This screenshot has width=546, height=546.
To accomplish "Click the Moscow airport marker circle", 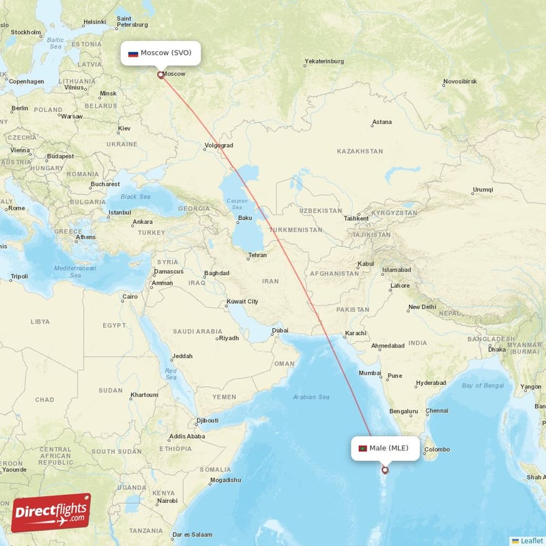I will [x=161, y=75].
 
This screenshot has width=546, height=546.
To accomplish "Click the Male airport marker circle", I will [x=385, y=470].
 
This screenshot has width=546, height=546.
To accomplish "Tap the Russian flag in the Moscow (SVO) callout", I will [x=133, y=53].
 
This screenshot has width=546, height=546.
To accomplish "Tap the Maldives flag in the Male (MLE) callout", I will [x=362, y=448].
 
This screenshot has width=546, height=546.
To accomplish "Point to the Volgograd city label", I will [x=218, y=145].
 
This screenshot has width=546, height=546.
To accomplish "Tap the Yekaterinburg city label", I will [x=324, y=61].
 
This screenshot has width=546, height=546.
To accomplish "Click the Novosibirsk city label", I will [x=463, y=81].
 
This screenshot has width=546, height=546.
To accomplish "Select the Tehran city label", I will [x=257, y=255].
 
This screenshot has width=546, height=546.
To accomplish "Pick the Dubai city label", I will [x=280, y=331].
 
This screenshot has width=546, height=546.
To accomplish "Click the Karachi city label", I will [x=356, y=333].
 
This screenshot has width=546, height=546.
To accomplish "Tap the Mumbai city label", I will [x=369, y=373].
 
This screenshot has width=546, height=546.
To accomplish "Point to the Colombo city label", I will [x=437, y=449].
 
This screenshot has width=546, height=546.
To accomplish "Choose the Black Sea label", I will [x=135, y=197].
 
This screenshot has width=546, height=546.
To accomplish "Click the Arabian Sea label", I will [x=311, y=397].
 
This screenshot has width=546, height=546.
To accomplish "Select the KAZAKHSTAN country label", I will [x=360, y=151].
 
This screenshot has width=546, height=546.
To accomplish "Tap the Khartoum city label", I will [x=144, y=394].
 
